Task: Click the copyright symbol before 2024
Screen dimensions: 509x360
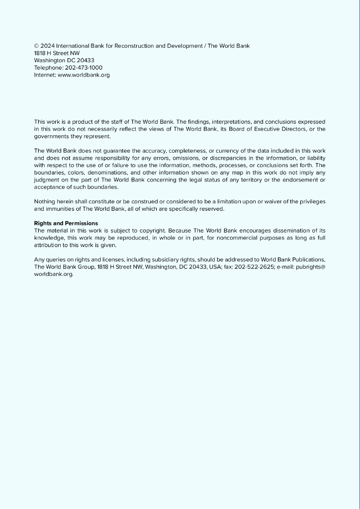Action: [37, 46]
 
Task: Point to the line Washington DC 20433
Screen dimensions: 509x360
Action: [64, 60]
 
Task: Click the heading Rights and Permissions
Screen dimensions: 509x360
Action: [66, 223]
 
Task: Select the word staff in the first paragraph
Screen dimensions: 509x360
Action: [114, 122]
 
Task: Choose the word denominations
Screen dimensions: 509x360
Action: [103, 172]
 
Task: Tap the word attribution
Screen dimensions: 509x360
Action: [46, 246]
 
